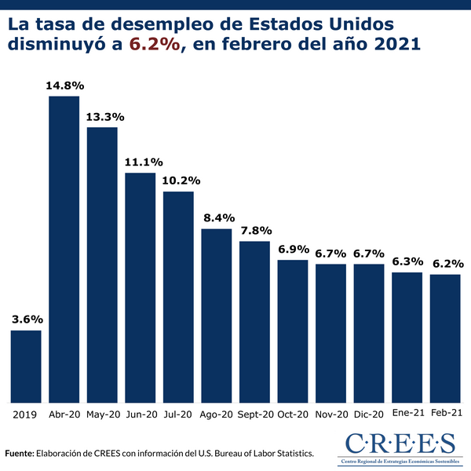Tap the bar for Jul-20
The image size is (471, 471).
178,298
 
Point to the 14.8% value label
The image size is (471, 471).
64,84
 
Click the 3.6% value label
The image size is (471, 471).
26,319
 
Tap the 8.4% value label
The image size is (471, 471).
217,217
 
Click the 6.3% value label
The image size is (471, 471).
407,261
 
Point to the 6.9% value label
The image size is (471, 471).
293,248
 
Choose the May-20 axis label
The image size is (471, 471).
102,414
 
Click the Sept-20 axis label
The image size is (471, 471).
255,414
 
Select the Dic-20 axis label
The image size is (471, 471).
369,414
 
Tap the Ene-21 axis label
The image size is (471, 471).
407,413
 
